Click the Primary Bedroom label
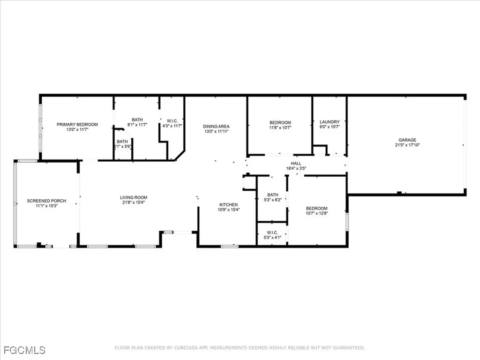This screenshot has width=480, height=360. coord(77,124)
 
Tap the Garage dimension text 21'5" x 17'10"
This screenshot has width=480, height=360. coord(407,145)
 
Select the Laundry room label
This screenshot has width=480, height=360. coord(330,122)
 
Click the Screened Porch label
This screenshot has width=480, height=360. coord(46,201)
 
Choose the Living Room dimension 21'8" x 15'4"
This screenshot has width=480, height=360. coord(134,203)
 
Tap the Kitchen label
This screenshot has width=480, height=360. coord(229,204)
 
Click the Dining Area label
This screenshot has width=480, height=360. coord(216,126)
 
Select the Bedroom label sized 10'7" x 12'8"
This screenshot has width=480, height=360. coord(317,208)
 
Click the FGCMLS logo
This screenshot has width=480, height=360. coord(23,350)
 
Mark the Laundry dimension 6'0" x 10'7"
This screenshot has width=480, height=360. coord(330,127)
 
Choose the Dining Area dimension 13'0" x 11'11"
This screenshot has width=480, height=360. coord(216,131)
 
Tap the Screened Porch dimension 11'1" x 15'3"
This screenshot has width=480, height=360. coord(46,206)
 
